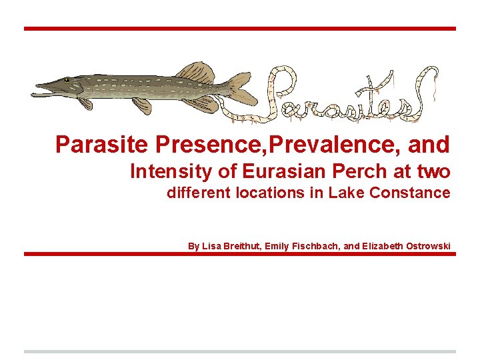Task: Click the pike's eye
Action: (x=67, y=83)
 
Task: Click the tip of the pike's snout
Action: (x=37, y=86)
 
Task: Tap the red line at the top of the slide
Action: (x=240, y=29)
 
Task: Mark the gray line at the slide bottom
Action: (x=240, y=351)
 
